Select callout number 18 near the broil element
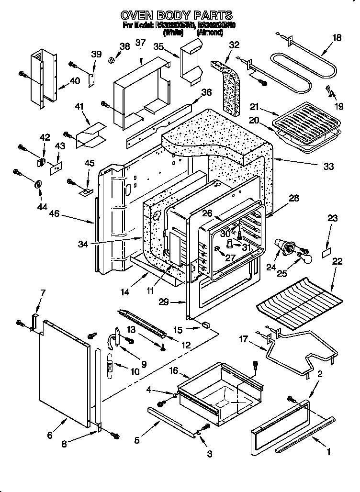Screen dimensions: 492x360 coord(337,38)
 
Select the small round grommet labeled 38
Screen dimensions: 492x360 coord(111,60)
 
